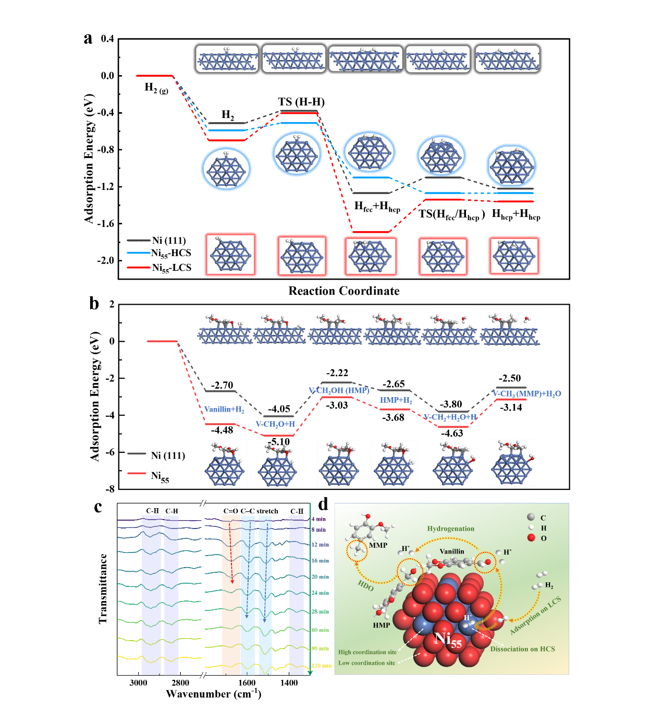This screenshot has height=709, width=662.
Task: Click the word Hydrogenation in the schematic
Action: click(451, 528)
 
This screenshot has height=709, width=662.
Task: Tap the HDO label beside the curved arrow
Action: click(366, 586)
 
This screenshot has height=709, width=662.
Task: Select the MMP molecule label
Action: click(378, 545)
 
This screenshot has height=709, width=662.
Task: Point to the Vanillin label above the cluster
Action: click(451, 551)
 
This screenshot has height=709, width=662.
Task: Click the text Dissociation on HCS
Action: click(522, 649)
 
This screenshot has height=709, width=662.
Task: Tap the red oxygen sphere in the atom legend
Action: click(531, 538)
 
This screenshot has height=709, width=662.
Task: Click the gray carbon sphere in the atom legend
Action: click(531, 517)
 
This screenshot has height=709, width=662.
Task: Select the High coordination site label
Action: click(367, 652)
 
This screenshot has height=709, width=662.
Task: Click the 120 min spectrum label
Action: click(321, 666)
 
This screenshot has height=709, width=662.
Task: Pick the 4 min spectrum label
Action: click(318, 519)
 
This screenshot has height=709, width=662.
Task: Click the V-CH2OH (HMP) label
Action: click(339, 390)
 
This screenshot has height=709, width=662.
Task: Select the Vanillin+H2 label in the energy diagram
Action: click(224, 410)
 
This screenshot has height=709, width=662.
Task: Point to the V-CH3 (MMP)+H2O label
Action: click(527, 393)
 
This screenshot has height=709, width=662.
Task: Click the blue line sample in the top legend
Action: click(139, 253)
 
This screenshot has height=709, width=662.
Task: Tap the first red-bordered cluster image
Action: click(230, 255)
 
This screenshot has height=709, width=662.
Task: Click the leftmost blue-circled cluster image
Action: click(226, 169)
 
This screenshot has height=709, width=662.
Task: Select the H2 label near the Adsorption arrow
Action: click(549, 585)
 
